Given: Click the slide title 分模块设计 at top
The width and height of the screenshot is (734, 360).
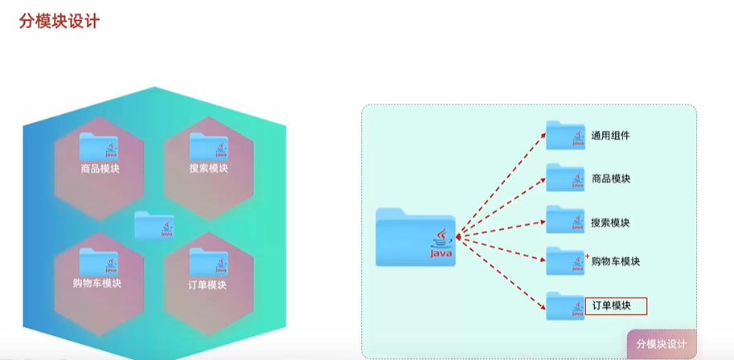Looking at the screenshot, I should [x=59, y=22].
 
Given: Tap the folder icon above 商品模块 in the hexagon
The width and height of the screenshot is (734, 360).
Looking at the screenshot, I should [x=99, y=146].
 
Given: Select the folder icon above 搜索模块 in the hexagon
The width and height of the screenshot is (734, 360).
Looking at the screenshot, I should [x=208, y=146].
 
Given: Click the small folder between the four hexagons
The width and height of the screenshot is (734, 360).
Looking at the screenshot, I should [x=154, y=225].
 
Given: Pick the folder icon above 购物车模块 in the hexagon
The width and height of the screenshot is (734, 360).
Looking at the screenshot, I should [x=99, y=262].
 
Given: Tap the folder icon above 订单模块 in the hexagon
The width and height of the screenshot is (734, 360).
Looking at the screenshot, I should [x=208, y=262].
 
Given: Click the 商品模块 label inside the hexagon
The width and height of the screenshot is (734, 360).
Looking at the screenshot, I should [x=100, y=169].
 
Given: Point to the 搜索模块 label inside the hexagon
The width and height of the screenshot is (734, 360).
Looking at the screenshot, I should [x=209, y=169].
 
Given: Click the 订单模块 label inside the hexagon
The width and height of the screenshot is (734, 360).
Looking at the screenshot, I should [x=207, y=284].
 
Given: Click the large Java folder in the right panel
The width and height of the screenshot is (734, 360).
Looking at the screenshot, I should [x=415, y=236].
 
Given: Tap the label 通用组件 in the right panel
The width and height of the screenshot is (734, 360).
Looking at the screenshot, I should [x=610, y=136].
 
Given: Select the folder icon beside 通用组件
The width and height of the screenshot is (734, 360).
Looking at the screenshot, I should [x=565, y=135].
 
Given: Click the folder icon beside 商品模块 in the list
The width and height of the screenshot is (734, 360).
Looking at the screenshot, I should [x=565, y=178].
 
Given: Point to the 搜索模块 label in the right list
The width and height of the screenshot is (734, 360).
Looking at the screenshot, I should [x=610, y=222].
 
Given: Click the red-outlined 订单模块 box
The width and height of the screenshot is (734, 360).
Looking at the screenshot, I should [x=616, y=305].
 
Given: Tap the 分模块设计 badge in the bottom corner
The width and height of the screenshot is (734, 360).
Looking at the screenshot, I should [x=661, y=344].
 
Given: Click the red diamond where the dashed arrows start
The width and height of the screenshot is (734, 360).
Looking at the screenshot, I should [x=458, y=236].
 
